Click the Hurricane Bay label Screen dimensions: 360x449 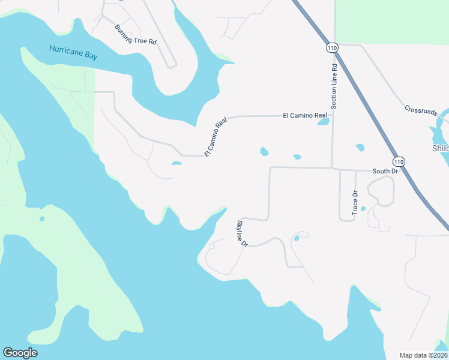click(74, 52)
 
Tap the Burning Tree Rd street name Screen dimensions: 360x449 click(136, 35)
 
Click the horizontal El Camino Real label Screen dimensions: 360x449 click(305, 115)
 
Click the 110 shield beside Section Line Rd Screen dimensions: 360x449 click(333, 47)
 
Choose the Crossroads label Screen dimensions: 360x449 click(421, 110)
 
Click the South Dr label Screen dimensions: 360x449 click(385, 171)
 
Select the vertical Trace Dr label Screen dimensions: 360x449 click(355, 202)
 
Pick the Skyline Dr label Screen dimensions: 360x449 click(242, 234)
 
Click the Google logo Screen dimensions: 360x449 click(20, 353)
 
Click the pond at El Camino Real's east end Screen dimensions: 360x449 click(323, 122)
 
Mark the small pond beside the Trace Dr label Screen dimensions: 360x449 click(363, 209)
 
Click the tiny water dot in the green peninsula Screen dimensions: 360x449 click(42, 218)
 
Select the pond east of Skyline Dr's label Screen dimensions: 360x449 click(296, 238)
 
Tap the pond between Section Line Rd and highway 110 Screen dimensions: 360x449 click(360, 147)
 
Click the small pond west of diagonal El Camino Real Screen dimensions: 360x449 click(176, 163)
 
